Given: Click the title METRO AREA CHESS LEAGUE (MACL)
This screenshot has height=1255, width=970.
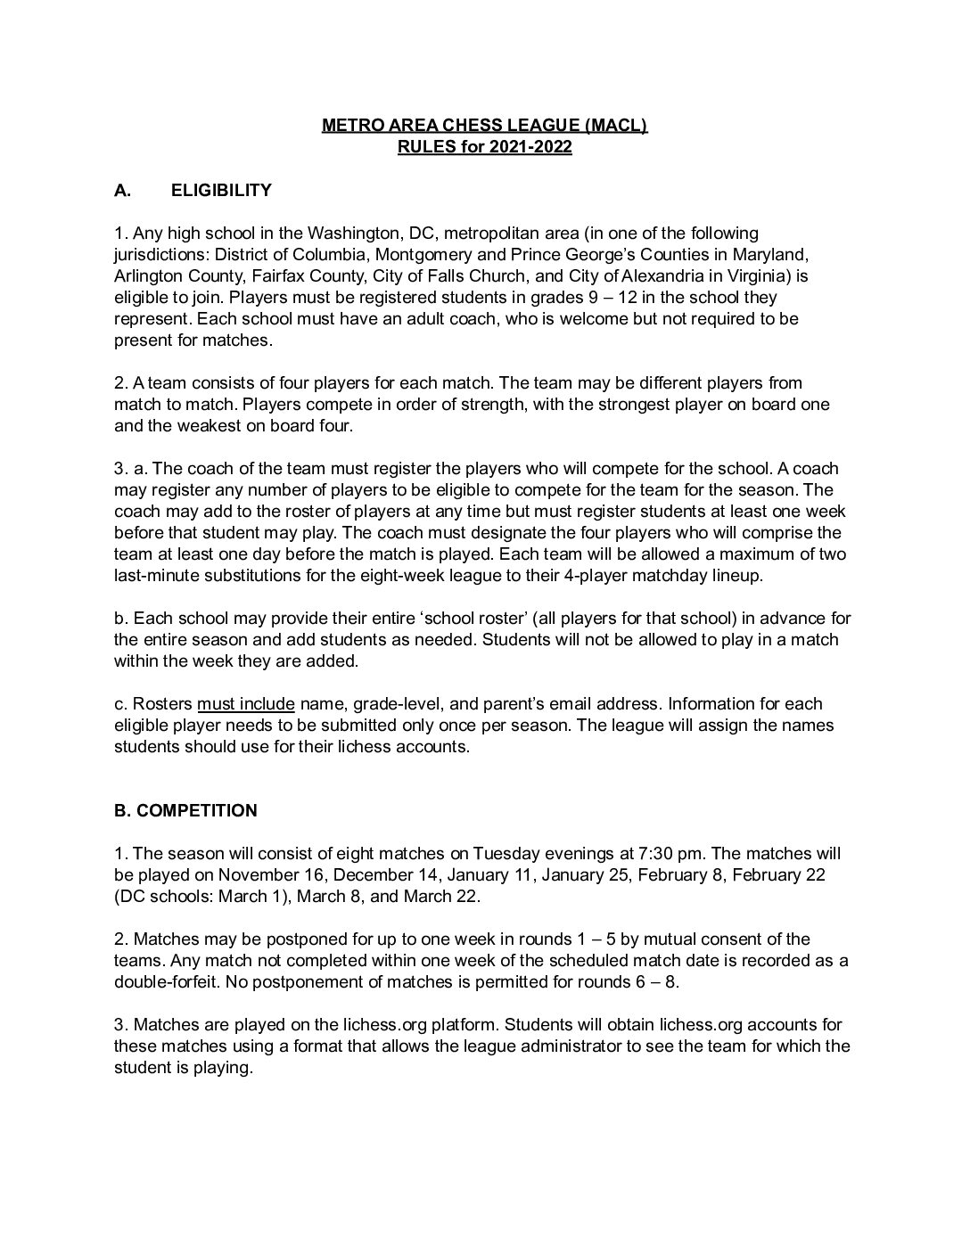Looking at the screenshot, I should pos(484,126).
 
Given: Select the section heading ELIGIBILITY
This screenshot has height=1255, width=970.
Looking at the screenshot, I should pos(221,190).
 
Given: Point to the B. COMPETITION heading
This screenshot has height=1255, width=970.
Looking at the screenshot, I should pos(185,810).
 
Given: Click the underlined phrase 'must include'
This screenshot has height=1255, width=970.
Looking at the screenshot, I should pos(245,703).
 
